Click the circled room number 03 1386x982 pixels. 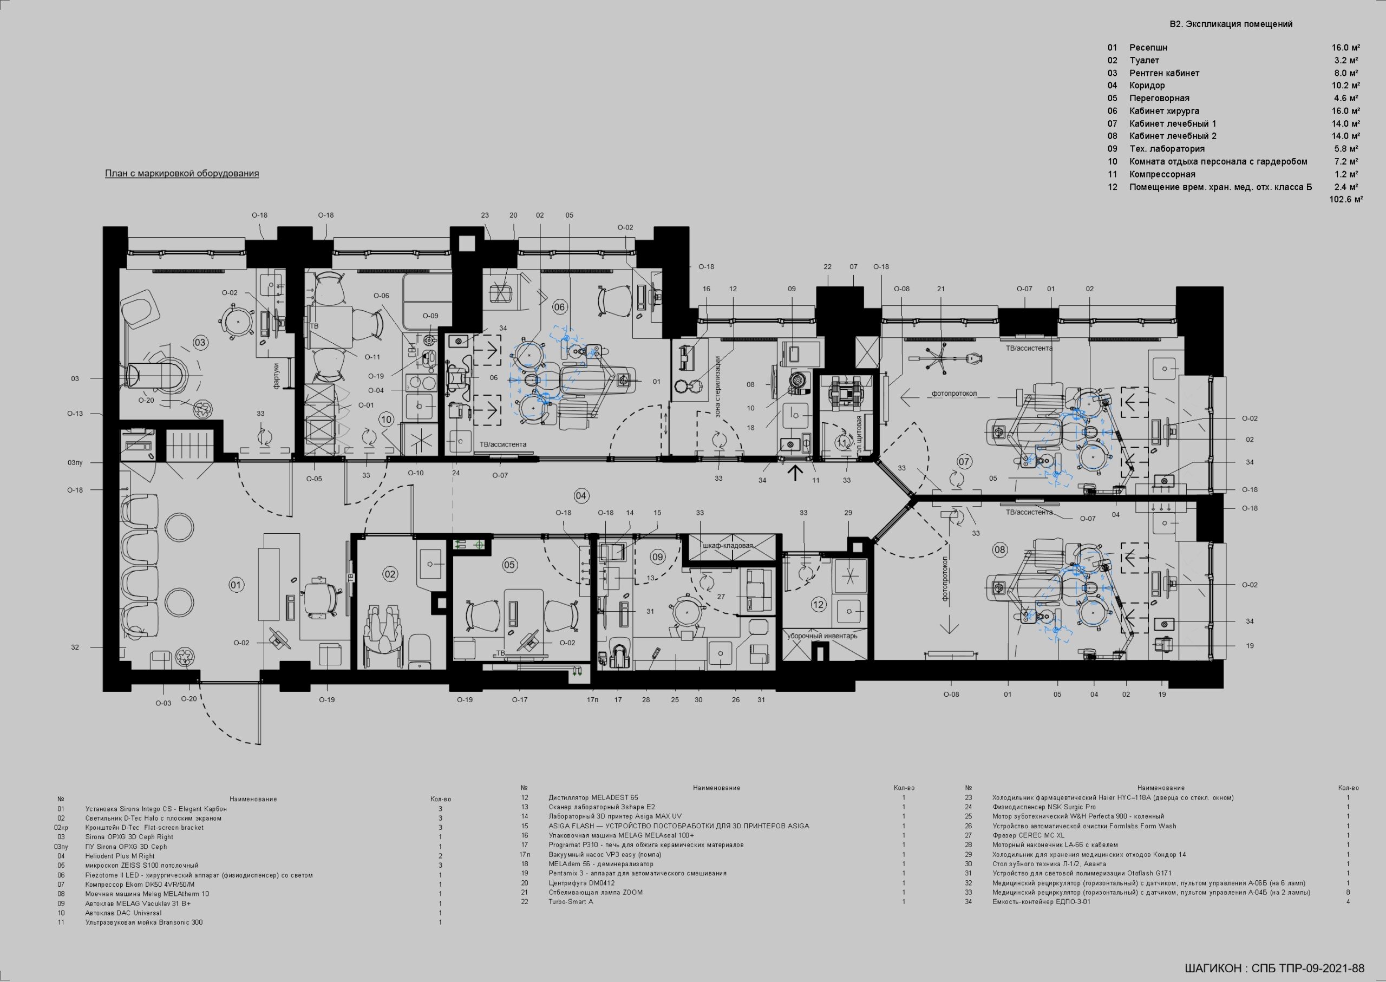[200, 342]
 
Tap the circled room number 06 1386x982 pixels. [559, 307]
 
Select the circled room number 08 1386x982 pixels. [999, 549]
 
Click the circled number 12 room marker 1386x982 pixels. [818, 604]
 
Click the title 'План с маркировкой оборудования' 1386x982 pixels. [182, 174]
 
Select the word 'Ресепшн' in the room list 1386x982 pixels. [1148, 48]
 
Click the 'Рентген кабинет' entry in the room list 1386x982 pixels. [1164, 73]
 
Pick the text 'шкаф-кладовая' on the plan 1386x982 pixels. [728, 546]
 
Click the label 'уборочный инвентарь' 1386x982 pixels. [822, 636]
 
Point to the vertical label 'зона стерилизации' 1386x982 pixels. [718, 387]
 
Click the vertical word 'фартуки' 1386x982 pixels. [276, 376]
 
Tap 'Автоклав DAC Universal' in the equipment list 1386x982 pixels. [123, 913]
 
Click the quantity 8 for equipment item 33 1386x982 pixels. [1348, 893]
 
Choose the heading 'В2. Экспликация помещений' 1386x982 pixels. [1231, 24]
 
